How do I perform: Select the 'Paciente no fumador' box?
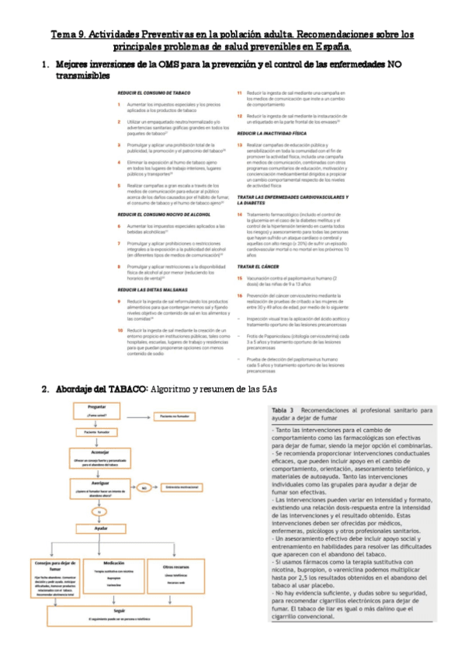click(x=175, y=417)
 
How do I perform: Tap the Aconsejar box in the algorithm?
click(x=98, y=455)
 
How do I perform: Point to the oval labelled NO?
click(x=144, y=488)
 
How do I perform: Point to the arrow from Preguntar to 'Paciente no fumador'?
click(x=140, y=417)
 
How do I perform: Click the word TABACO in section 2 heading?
click(x=125, y=387)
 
